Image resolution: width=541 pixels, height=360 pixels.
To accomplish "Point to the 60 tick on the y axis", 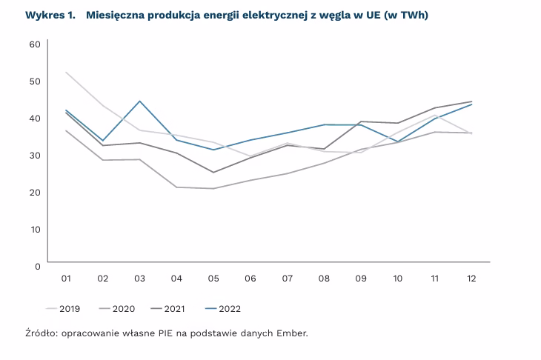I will point(34,44).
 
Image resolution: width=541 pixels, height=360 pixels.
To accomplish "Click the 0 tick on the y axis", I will point(36,264).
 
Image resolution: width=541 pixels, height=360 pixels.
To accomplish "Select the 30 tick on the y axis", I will point(34,154).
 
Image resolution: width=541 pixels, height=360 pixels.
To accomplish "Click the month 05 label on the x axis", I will point(213,279).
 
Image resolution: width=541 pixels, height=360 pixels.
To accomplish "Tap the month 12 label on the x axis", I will point(470,279).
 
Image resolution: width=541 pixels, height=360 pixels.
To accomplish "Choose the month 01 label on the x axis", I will point(66,279).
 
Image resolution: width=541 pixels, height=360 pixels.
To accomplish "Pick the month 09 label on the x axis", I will point(360,279).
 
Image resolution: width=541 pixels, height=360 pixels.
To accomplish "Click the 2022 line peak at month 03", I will point(139,101).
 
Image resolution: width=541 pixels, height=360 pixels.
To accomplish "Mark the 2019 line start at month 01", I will point(66,73).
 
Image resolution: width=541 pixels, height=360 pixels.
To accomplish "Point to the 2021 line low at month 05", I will point(213,173).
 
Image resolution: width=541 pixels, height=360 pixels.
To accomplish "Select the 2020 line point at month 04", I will point(176,187).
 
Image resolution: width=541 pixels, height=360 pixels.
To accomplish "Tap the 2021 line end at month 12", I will point(471,101).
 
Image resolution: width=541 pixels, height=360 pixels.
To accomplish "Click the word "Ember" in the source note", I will point(291,333).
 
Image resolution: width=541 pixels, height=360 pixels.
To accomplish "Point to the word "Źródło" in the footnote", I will point(41,333).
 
